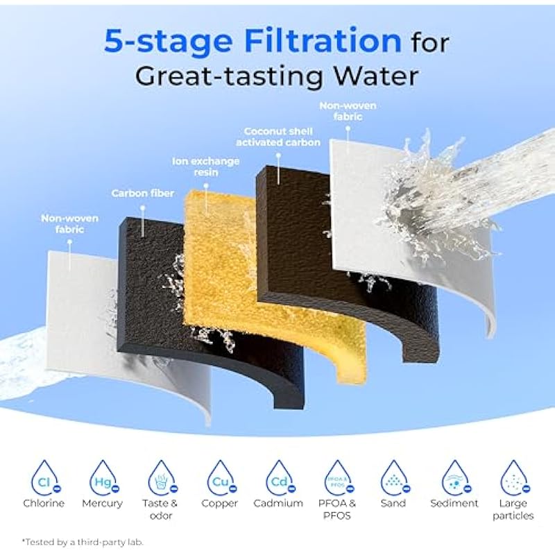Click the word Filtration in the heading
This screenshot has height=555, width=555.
point(323,41)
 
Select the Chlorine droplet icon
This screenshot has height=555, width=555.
point(44,478)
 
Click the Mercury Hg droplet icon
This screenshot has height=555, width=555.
point(103,478)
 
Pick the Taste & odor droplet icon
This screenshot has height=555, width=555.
point(162,478)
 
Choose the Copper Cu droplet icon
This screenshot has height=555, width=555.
point(221,478)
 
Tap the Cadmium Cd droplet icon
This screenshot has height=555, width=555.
point(280,478)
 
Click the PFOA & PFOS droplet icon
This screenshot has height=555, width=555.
point(339,478)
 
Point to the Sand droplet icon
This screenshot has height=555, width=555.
point(395,478)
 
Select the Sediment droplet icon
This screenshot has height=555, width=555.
point(456,478)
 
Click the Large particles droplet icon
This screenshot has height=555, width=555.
point(515,478)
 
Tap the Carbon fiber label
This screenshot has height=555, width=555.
point(143,194)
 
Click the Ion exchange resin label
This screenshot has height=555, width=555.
point(205,166)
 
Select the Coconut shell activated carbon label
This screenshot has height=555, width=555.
point(278,137)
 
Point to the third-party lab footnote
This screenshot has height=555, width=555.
point(83,542)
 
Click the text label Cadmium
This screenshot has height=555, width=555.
point(278,504)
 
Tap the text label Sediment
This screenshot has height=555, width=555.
point(454,504)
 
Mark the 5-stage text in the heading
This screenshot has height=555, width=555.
point(169,42)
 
